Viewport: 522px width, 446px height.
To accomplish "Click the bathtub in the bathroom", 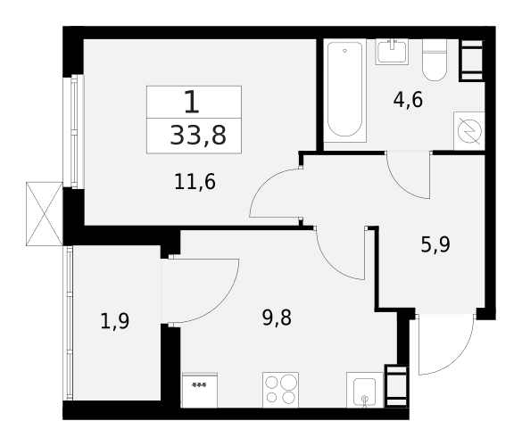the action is click(x=344, y=90).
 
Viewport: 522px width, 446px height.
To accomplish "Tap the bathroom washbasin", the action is click(x=392, y=51).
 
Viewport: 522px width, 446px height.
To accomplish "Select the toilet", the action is click(x=435, y=60).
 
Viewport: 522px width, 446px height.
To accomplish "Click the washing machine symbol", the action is click(x=469, y=131).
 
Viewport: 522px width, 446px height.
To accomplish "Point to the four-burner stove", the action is click(x=280, y=390).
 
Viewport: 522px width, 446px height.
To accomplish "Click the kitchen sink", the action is click(x=365, y=390).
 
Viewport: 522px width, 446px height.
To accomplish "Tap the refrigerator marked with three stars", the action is click(x=199, y=390).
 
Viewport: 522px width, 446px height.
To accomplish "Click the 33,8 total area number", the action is click(x=198, y=136).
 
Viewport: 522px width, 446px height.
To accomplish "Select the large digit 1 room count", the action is click(x=192, y=103).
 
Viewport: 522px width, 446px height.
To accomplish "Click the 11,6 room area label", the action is click(x=195, y=182).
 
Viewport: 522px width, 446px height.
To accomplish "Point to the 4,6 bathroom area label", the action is click(x=408, y=100).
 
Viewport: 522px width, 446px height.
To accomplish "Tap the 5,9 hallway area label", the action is click(x=435, y=244).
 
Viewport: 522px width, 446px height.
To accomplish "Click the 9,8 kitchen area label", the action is click(x=277, y=318).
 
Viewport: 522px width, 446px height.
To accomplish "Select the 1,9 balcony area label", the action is click(x=115, y=321).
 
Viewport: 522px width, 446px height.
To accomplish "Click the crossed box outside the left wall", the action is click(x=45, y=214).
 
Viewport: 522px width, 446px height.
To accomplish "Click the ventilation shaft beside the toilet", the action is click(x=472, y=60).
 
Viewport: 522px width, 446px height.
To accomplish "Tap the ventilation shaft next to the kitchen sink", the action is click(x=396, y=386).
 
